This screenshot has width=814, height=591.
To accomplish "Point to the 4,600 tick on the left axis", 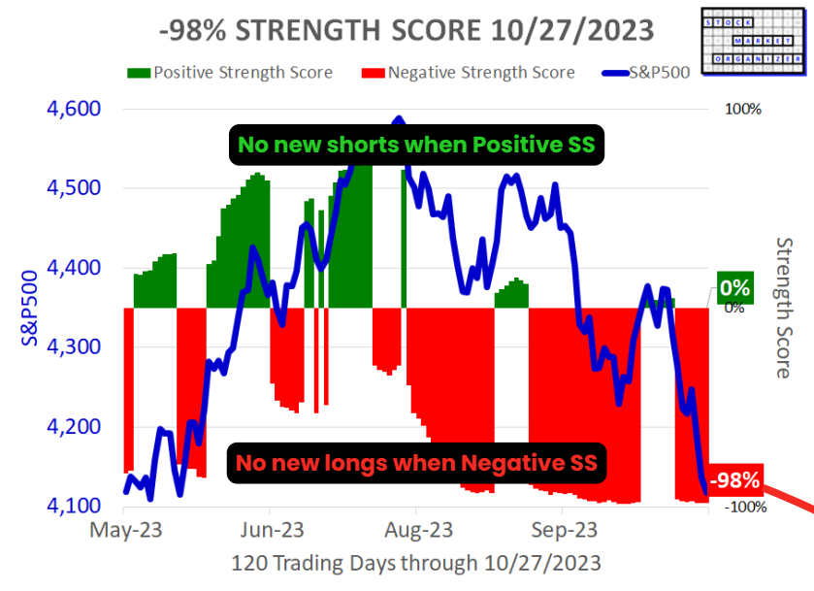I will point(74,109).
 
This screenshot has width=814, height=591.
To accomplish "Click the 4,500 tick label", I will point(74,188).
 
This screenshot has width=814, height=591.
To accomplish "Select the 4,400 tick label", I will point(74,268).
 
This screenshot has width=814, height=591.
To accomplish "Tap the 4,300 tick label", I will point(74,347).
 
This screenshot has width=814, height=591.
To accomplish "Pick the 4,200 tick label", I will point(74,427).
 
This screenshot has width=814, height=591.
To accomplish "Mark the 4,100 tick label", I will point(74,507).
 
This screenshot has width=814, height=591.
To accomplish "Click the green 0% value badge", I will point(735,287).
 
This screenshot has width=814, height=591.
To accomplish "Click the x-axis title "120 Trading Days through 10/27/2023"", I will point(416,563).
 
